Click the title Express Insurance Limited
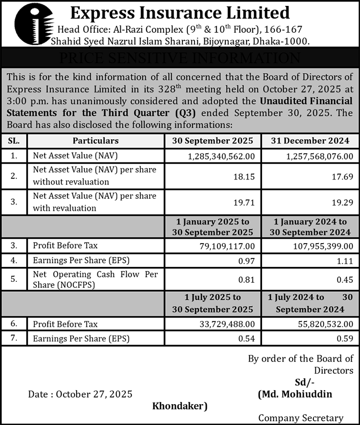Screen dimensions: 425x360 (180, 12)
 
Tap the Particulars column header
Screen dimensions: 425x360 (95, 141)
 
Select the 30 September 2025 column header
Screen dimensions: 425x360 (213, 141)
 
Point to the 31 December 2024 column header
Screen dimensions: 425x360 (309, 141)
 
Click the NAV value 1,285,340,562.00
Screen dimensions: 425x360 (222, 156)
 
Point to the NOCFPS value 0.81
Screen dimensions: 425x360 (247, 280)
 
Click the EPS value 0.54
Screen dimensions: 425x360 (247, 339)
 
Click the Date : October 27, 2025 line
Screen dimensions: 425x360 (80, 394)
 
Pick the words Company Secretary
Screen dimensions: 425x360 (300, 418)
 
